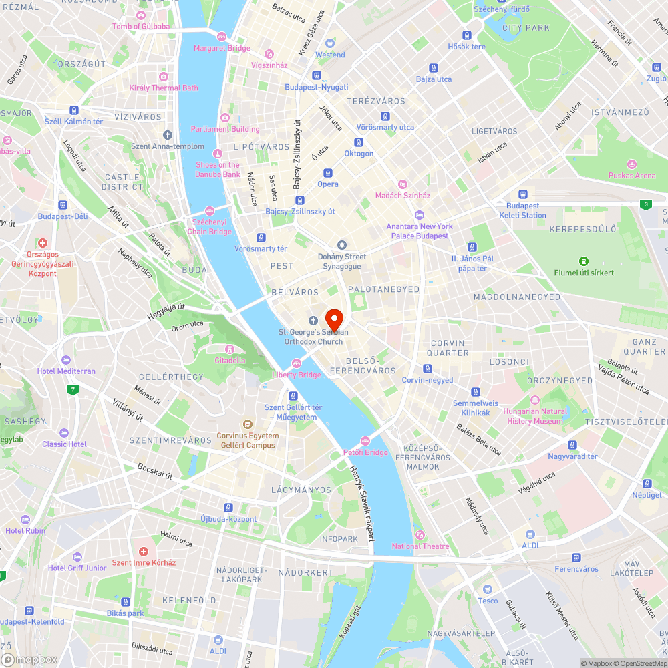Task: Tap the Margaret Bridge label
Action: click(222, 48)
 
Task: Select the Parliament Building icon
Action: click(224, 117)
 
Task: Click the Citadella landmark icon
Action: click(229, 349)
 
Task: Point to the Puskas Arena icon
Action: click(632, 164)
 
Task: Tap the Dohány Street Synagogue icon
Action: click(342, 245)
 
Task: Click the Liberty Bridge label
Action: click(297, 375)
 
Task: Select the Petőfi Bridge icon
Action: click(365, 440)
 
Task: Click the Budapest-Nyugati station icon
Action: click(316, 75)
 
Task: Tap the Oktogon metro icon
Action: click(359, 142)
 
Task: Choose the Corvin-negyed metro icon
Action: click(428, 369)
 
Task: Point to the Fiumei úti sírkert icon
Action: click(584, 261)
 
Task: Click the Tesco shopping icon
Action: click(488, 589)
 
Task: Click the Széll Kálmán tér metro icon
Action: click(74, 110)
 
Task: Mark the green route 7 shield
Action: click(71, 389)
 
